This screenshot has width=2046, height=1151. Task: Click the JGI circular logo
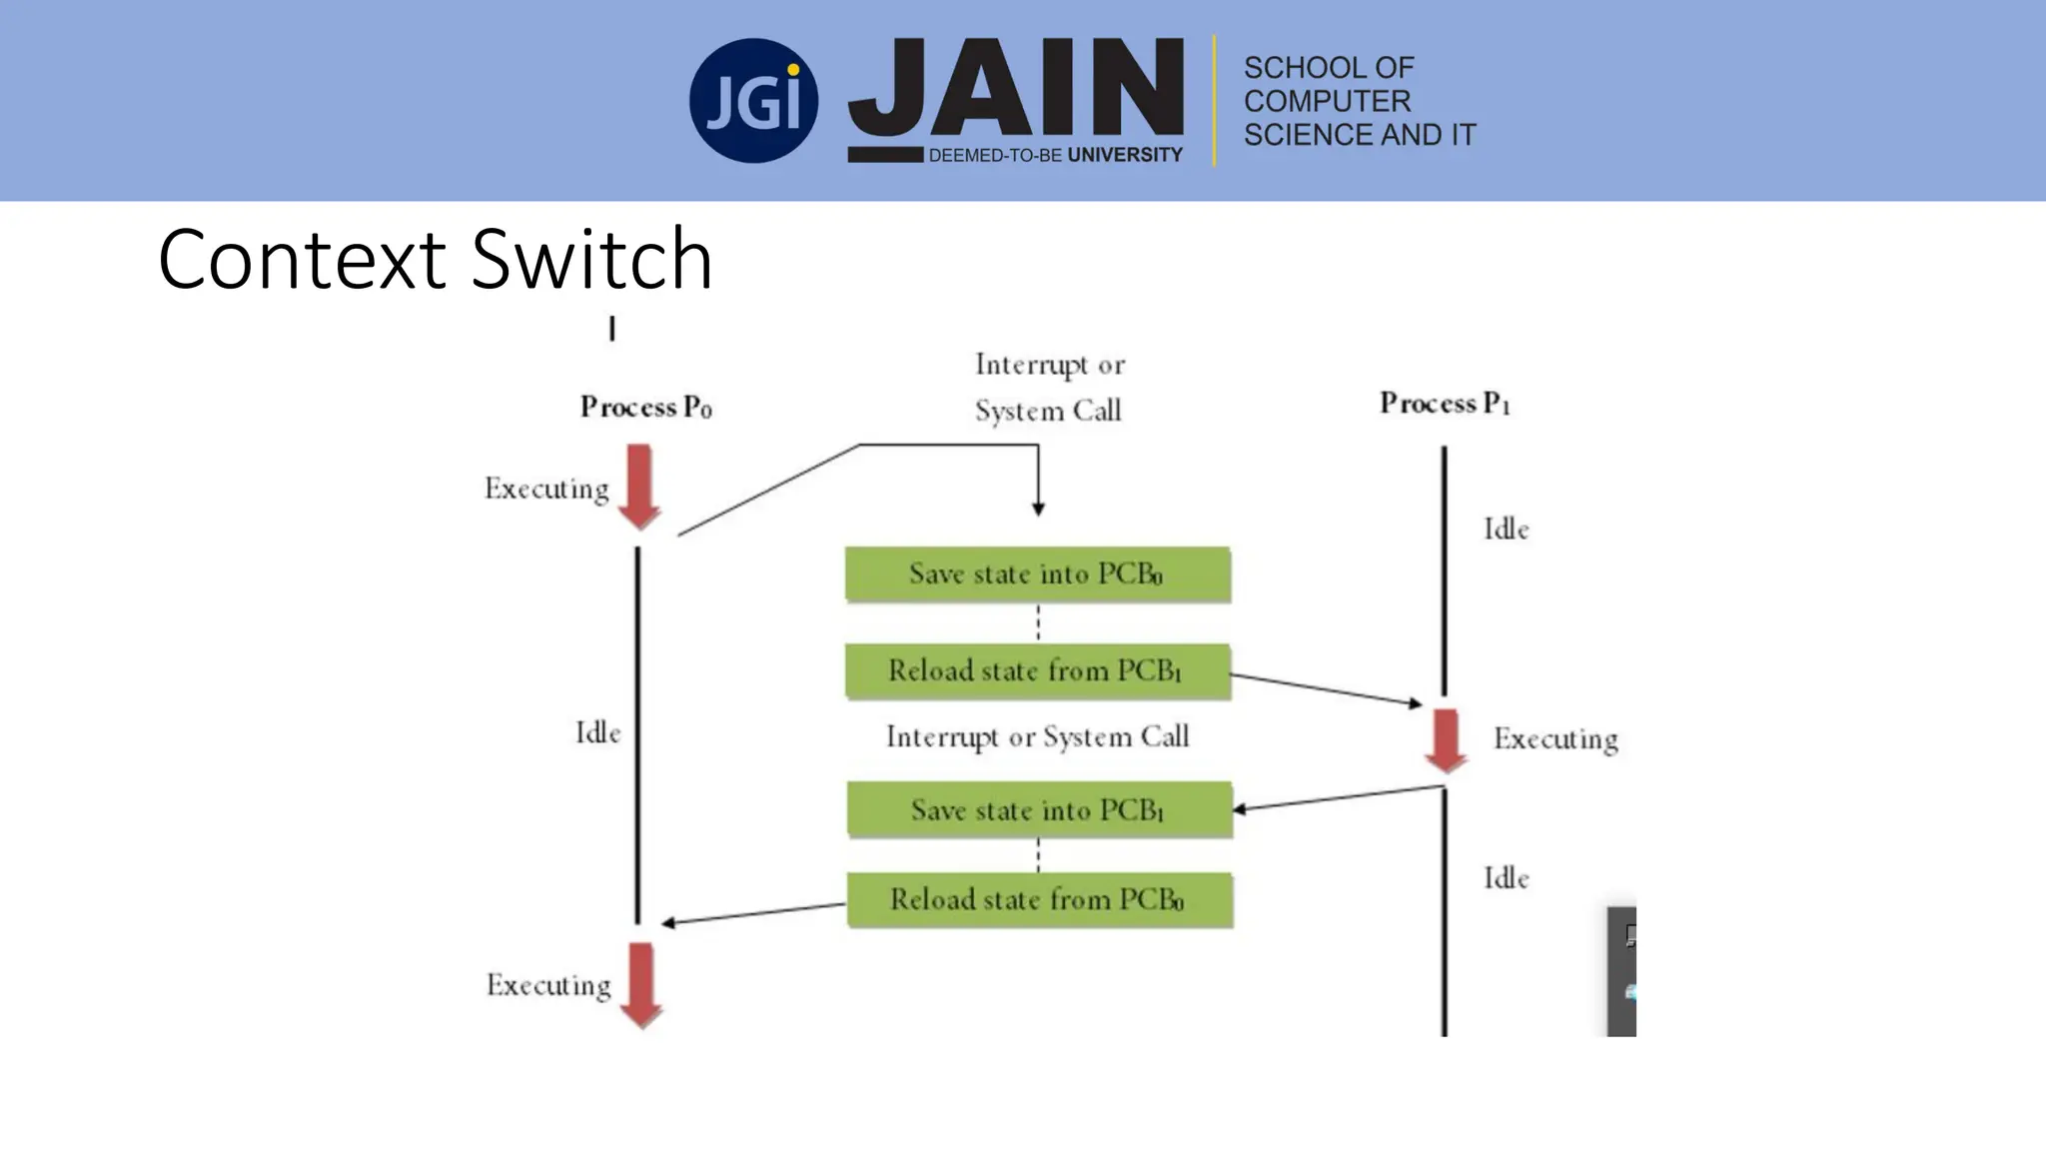tap(753, 101)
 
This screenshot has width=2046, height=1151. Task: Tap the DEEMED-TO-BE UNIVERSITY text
tap(1055, 155)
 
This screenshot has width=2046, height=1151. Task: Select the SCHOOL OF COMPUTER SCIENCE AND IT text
tap(1358, 101)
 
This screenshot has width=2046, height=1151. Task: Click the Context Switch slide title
tap(436, 260)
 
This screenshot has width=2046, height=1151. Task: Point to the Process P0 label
tap(645, 407)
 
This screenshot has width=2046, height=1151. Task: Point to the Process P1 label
tap(1445, 403)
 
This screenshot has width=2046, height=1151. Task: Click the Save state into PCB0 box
tap(1037, 575)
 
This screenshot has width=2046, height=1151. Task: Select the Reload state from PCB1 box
tap(1037, 670)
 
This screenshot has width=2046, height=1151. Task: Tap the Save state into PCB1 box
tap(1039, 809)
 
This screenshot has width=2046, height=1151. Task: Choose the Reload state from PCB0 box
tap(1039, 899)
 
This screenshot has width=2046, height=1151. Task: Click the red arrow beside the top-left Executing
tap(639, 487)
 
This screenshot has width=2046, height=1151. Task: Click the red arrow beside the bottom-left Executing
tap(640, 985)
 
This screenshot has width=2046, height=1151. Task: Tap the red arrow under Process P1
tap(1446, 740)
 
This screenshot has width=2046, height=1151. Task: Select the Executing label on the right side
tap(1555, 739)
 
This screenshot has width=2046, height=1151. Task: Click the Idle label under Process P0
tap(597, 732)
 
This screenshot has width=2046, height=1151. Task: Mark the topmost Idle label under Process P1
tap(1506, 529)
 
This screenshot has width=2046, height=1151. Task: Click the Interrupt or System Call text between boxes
tap(1037, 737)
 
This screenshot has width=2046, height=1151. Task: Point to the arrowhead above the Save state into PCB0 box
tap(1038, 510)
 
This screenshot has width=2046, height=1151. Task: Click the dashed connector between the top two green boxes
tap(1038, 622)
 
